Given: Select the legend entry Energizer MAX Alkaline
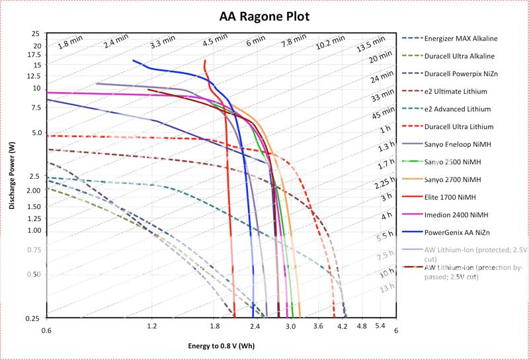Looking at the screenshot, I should [460, 38].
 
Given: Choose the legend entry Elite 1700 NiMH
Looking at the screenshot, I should [452, 197].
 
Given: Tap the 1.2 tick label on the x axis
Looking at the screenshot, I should [151, 327].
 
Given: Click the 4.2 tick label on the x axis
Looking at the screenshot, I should [343, 327].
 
